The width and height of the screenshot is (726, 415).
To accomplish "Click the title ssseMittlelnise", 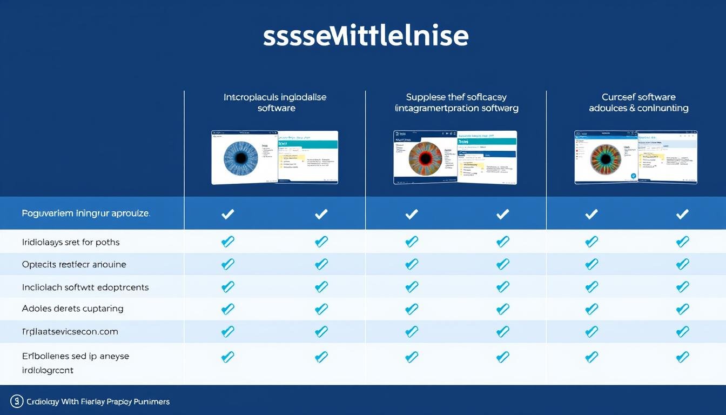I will tap(366, 36).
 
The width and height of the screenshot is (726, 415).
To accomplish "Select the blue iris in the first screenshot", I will tap(241, 157).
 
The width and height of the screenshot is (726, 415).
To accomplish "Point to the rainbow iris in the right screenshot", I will tap(606, 158).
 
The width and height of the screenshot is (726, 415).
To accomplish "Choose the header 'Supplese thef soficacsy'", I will tap(456, 97).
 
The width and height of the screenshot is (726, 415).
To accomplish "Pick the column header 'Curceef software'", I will tap(638, 97).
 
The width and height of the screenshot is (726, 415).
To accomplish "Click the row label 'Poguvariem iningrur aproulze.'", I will tap(86, 213).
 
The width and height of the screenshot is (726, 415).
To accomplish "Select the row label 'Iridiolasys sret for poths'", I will tap(71, 242).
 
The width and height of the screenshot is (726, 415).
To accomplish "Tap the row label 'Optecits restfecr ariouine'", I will tap(74, 265).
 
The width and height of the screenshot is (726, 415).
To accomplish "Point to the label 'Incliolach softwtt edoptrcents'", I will tap(85, 287).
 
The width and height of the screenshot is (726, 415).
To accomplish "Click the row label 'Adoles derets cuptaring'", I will tap(72, 309).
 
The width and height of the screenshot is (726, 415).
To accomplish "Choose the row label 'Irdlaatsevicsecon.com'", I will tap(70, 331).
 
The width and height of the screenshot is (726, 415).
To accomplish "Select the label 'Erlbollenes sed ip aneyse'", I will tap(75, 356).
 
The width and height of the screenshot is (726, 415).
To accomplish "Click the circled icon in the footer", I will tap(17, 401).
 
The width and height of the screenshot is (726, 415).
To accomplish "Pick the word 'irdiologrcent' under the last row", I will tap(48, 370).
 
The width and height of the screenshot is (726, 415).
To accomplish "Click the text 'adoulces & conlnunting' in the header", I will tap(638, 108).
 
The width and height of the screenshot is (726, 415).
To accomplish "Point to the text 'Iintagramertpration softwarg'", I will tap(456, 108).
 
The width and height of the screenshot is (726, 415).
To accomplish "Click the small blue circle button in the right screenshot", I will tap(633, 176).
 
